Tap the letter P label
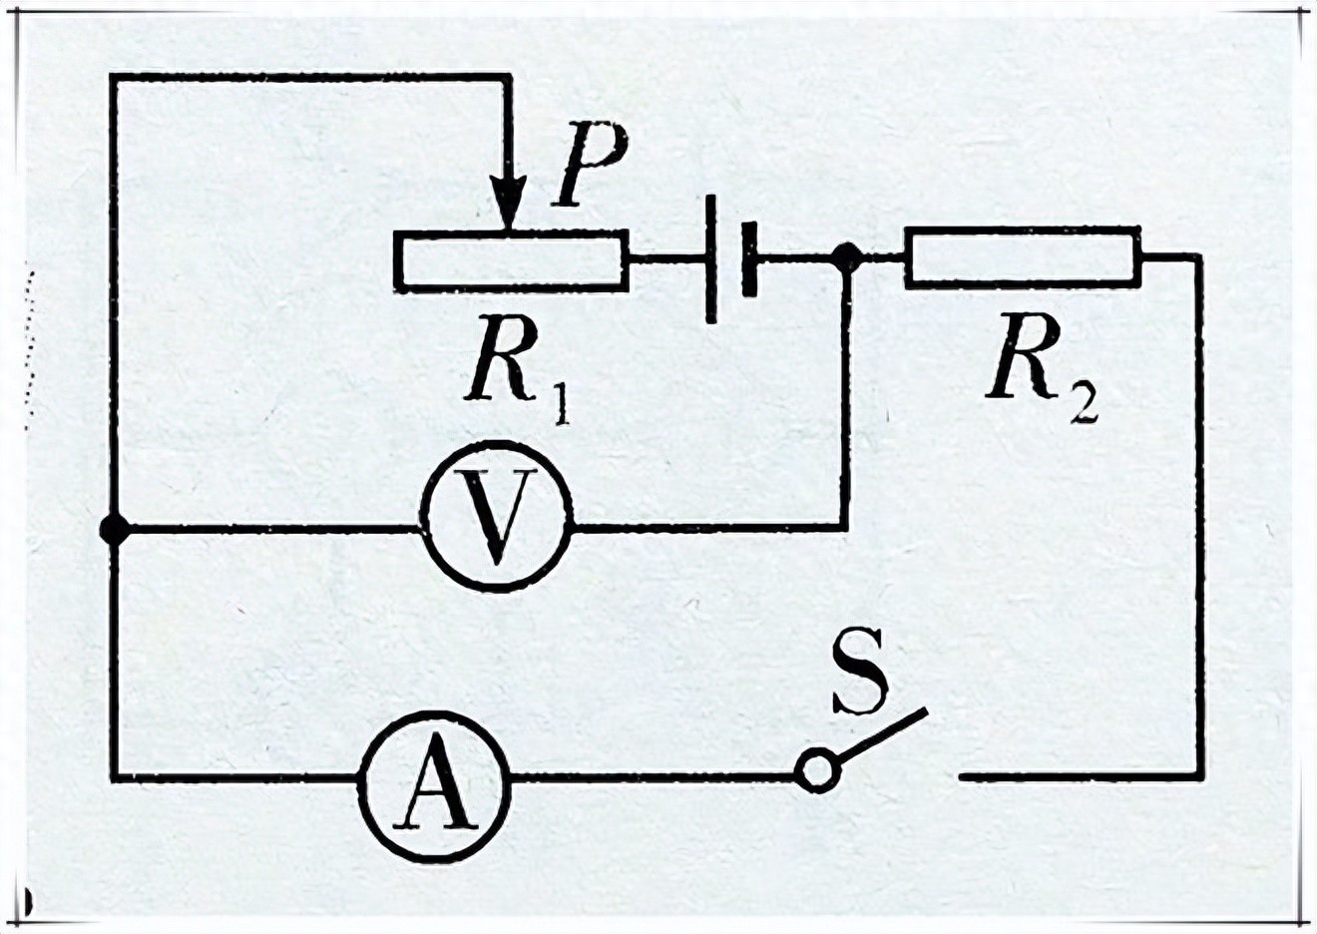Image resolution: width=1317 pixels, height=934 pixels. [x=591, y=167]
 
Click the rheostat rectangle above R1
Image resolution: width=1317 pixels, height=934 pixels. [x=511, y=260]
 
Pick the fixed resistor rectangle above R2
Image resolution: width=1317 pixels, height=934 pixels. [x=1022, y=257]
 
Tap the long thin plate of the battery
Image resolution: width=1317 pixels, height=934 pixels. [x=710, y=259]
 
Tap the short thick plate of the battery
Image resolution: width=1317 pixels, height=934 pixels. [x=749, y=259]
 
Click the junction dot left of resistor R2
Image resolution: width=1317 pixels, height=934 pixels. [x=846, y=257]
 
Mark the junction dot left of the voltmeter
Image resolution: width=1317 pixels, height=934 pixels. [x=115, y=529]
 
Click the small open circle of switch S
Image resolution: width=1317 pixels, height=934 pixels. [x=816, y=771]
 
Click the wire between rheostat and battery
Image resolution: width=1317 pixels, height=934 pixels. [x=666, y=259]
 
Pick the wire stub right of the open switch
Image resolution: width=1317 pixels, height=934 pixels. [x=1078, y=775]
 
